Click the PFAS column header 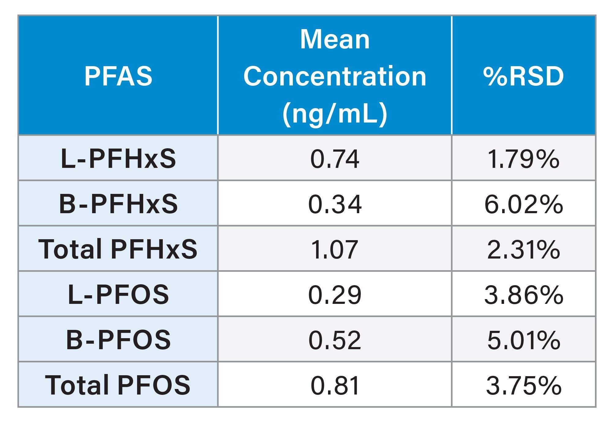click(118, 76)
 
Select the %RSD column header click(523, 76)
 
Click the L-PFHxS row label click(118, 159)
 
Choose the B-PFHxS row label click(118, 204)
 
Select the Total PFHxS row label click(118, 249)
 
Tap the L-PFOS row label click(118, 294)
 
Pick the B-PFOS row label click(118, 339)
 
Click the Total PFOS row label click(118, 385)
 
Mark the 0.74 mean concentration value click(335, 159)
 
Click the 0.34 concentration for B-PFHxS click(335, 204)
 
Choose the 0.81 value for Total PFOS click(335, 385)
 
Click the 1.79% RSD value click(523, 159)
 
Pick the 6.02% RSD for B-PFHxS click(523, 204)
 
